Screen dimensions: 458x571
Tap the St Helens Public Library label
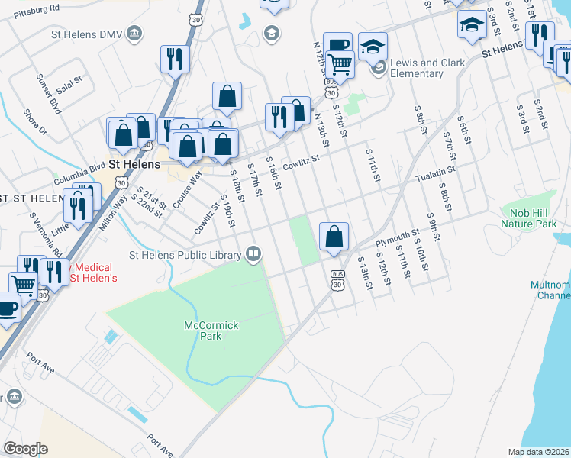tap(185, 255)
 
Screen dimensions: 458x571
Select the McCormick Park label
tap(211, 331)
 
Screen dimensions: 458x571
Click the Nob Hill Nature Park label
tap(529, 218)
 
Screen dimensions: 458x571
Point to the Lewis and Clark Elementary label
tap(416, 68)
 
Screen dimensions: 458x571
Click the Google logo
tap(26, 449)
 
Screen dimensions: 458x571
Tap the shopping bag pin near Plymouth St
tap(334, 236)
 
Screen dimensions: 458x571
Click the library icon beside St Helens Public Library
tap(253, 254)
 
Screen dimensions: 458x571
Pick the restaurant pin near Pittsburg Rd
tap(175, 59)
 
